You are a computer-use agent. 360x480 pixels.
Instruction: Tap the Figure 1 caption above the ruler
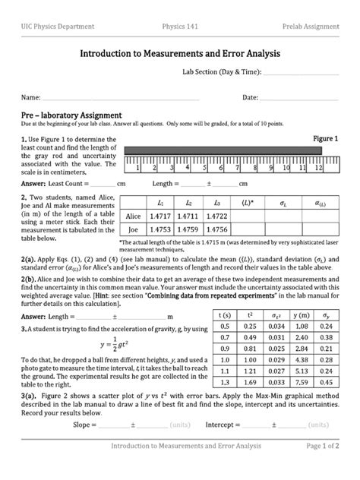coord(326,139)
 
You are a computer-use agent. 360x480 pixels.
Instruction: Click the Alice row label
coord(133,216)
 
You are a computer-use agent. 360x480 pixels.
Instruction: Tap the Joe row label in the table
coord(133,229)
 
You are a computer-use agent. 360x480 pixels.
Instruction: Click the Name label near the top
coord(30,98)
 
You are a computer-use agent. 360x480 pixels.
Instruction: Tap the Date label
coord(250,98)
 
